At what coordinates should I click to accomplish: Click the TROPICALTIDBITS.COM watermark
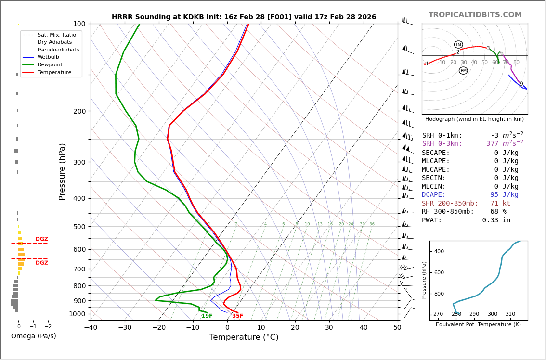(475, 15)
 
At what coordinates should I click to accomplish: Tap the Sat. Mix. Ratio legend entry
(56, 35)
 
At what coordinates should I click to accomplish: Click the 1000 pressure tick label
(77, 314)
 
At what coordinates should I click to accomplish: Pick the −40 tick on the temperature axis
(91, 328)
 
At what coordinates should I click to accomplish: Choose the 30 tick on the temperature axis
(329, 328)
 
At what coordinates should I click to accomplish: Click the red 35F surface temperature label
(238, 316)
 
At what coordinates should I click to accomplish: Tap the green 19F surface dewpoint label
(207, 316)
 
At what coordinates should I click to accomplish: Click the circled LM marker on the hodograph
(458, 45)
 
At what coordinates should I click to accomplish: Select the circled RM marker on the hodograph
(463, 71)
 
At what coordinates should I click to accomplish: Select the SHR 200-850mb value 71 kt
(500, 204)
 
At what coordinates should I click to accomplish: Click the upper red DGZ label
(41, 239)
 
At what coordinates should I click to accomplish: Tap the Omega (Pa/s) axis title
(33, 336)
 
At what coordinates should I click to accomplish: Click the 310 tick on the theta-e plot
(510, 314)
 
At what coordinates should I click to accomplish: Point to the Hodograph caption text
(474, 119)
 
